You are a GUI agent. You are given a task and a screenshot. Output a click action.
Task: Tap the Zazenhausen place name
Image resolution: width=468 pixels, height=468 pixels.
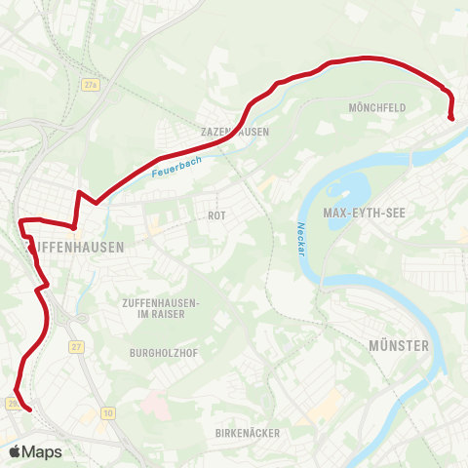pos(234,131)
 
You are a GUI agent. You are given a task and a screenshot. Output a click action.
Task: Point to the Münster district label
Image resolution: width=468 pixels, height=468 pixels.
pos(399,345)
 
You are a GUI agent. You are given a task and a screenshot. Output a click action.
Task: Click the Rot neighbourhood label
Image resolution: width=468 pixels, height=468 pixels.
pos(216,215)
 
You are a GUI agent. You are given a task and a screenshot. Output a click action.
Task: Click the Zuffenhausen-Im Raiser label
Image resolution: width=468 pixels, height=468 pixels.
pos(161,307)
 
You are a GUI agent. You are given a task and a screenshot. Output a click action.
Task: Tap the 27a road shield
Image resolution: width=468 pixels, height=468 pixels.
pos(91,87)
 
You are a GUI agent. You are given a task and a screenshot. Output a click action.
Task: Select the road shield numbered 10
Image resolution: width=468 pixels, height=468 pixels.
pos(106,413)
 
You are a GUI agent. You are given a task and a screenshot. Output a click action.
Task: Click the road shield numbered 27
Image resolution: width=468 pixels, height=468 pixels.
pos(76,346)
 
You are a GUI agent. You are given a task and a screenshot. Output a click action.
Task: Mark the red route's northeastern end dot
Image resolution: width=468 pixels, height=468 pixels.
pos(451,117)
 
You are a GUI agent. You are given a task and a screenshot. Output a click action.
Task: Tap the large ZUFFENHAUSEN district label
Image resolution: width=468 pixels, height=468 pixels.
pos(76,248)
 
